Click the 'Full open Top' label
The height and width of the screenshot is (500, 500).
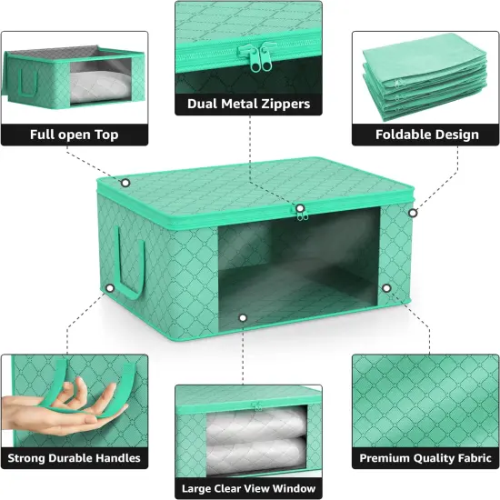click(x=75, y=135)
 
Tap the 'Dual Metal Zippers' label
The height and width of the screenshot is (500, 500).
click(x=248, y=104)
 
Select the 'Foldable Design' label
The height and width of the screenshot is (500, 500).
click(x=427, y=135)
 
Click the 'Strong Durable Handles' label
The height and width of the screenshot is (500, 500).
click(x=75, y=458)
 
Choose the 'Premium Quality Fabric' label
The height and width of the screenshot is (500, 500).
click(x=427, y=458)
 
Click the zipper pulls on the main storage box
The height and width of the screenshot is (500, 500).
click(x=299, y=212)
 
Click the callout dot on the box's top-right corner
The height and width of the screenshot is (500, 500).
click(x=412, y=214)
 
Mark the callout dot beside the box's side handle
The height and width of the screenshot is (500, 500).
click(x=109, y=289)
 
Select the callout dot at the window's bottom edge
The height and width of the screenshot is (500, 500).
click(x=244, y=317)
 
